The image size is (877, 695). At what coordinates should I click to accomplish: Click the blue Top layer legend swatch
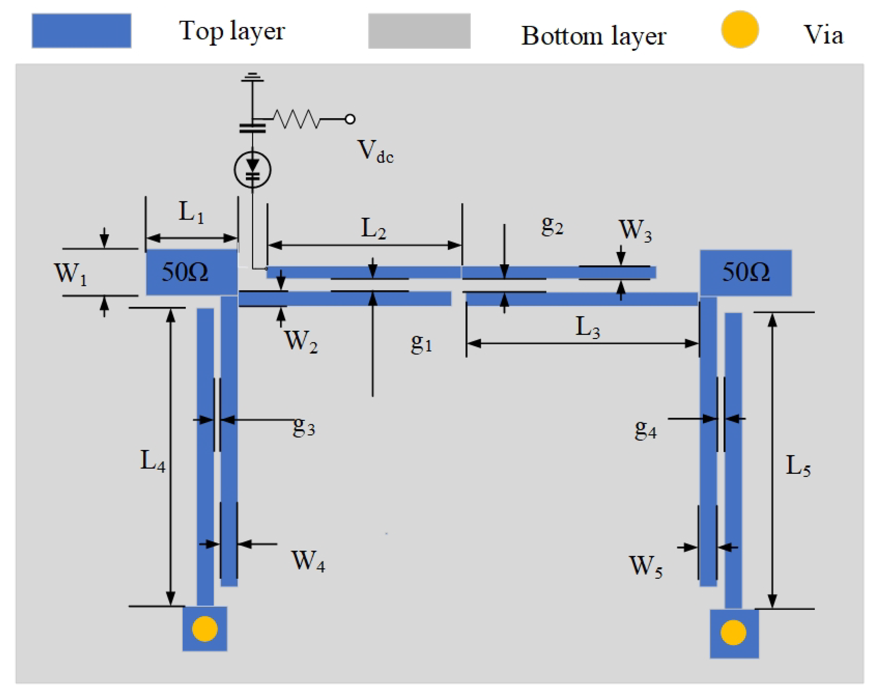coord(81,31)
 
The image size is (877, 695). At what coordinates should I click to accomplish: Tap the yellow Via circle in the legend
coord(740,29)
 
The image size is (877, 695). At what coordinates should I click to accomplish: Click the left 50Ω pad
coord(191,272)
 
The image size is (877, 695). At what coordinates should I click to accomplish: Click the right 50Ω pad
coord(745,273)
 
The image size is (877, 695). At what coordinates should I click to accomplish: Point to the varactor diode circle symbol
coord(252,170)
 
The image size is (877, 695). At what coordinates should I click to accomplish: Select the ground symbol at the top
coord(252,77)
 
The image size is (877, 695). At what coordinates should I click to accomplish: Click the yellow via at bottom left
coord(205,629)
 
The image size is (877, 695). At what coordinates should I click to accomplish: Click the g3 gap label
coord(304,426)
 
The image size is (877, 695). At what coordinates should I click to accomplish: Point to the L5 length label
coord(797,466)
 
